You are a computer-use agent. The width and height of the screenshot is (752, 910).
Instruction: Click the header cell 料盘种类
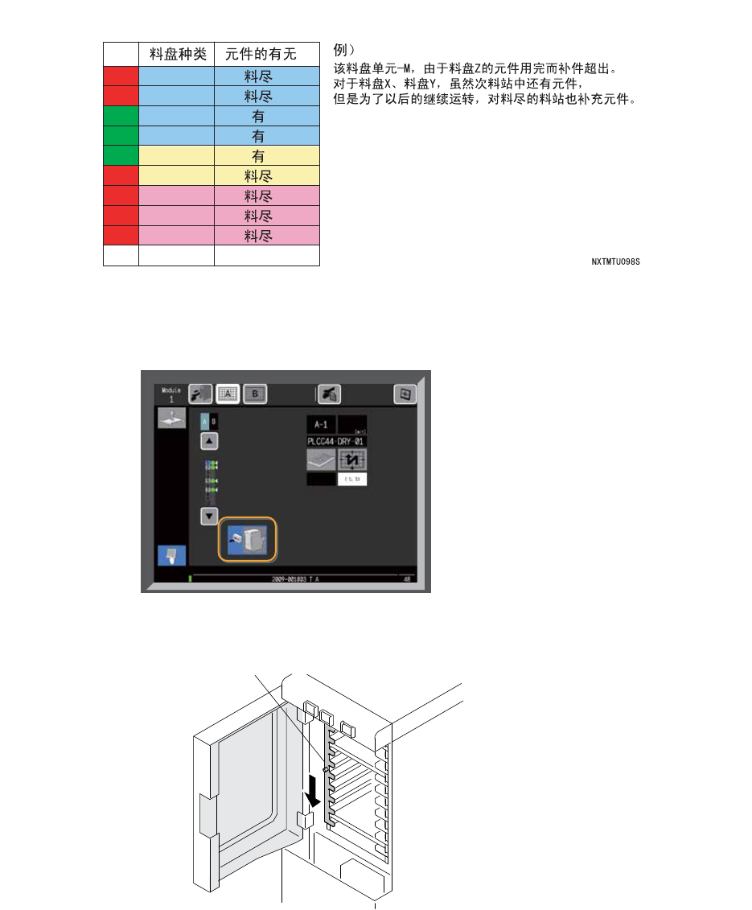pyautogui.click(x=177, y=55)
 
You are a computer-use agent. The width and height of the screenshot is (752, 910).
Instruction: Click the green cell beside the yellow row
pyautogui.click(x=121, y=156)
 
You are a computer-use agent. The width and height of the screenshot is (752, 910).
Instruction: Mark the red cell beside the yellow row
pyautogui.click(x=121, y=176)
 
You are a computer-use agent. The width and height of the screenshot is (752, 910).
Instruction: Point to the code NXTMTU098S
pyautogui.click(x=615, y=261)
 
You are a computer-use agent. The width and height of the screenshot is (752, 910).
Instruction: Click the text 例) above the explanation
pyautogui.click(x=345, y=49)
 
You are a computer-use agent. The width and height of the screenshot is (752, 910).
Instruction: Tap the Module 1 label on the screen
pyautogui.click(x=170, y=394)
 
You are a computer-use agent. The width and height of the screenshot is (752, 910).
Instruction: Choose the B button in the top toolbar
pyautogui.click(x=255, y=393)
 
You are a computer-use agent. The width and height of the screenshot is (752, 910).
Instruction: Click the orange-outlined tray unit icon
pyautogui.click(x=248, y=539)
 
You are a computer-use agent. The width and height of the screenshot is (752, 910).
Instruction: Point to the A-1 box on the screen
pyautogui.click(x=321, y=425)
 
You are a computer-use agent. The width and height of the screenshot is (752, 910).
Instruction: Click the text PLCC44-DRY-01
pyautogui.click(x=337, y=442)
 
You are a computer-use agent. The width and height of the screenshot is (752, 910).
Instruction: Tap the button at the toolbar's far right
pyautogui.click(x=405, y=394)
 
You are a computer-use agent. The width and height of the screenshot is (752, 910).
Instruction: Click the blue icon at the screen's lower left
pyautogui.click(x=171, y=555)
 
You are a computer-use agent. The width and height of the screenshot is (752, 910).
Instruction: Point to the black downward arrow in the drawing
pyautogui.click(x=313, y=796)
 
